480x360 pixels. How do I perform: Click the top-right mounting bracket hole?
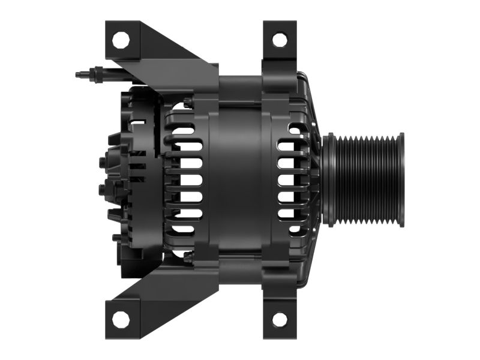pos(280,40)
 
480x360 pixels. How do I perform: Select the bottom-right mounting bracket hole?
pos(280,320)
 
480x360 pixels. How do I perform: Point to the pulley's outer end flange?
pos(401,180)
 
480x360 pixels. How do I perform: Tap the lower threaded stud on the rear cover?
pos(101,191)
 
